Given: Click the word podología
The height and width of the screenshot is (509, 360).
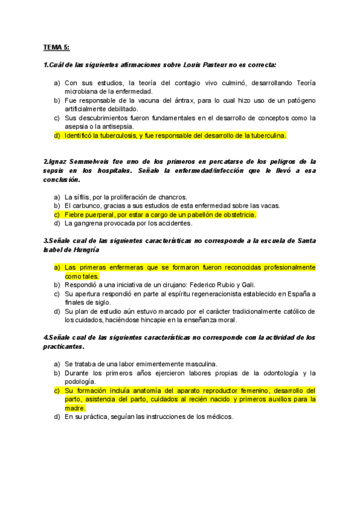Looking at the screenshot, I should (x=80, y=382).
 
